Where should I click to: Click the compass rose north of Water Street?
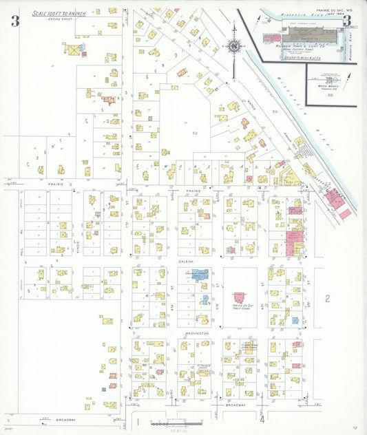point(235,47)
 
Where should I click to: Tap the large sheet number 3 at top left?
point(14,20)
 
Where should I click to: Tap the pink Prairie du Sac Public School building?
point(239,297)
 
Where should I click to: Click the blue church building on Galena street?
point(200,275)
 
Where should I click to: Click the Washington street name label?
point(196,333)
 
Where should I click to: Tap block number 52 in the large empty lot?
point(195,133)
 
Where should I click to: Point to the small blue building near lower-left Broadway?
point(104,390)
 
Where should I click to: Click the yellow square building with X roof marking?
point(72,50)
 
